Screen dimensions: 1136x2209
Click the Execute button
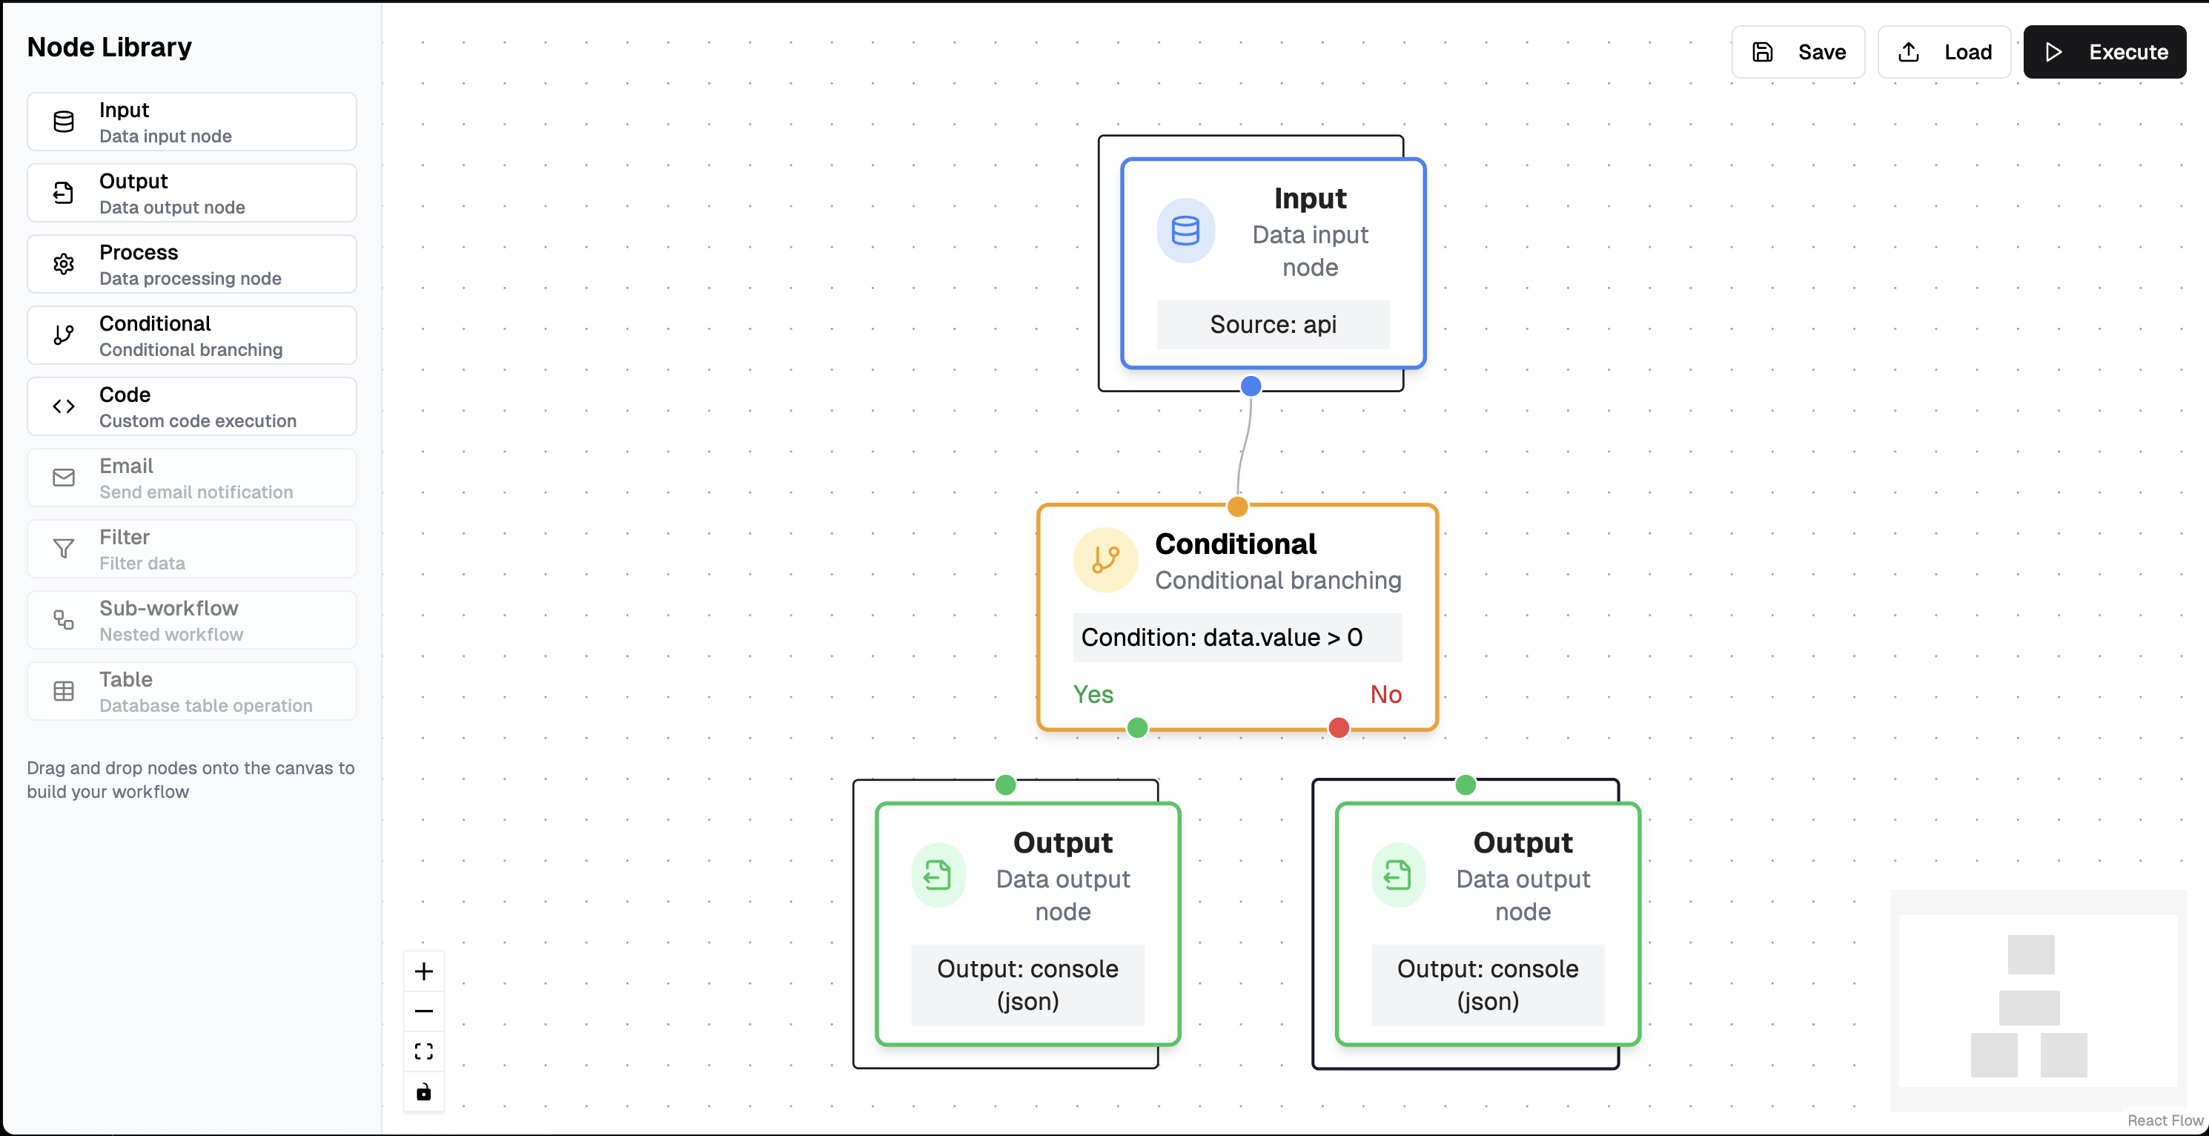pos(2104,53)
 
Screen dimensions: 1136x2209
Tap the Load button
pos(1944,53)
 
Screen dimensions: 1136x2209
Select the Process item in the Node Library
pos(191,264)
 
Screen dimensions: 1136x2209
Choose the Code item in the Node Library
pos(191,406)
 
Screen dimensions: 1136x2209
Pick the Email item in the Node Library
pos(191,478)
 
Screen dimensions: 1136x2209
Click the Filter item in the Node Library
pos(191,549)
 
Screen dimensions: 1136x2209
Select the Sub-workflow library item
pos(191,621)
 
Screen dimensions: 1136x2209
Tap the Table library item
pos(191,692)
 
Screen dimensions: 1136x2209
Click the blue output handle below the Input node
pos(1251,386)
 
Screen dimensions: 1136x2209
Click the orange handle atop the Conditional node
pos(1237,506)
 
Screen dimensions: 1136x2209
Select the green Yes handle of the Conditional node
pos(1137,728)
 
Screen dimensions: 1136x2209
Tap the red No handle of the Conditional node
pos(1339,728)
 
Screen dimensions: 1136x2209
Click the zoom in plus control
pos(423,971)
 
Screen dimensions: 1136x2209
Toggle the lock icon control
pos(423,1092)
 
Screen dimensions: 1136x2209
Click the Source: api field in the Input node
pos(1273,324)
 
